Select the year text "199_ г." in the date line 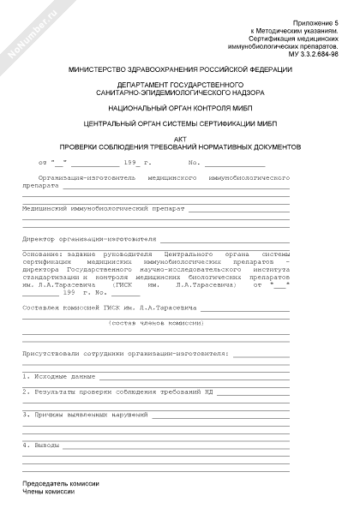tap(137, 161)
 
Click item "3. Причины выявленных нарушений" tap(86, 414)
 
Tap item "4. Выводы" tap(42, 445)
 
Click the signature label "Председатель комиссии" tap(61, 484)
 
